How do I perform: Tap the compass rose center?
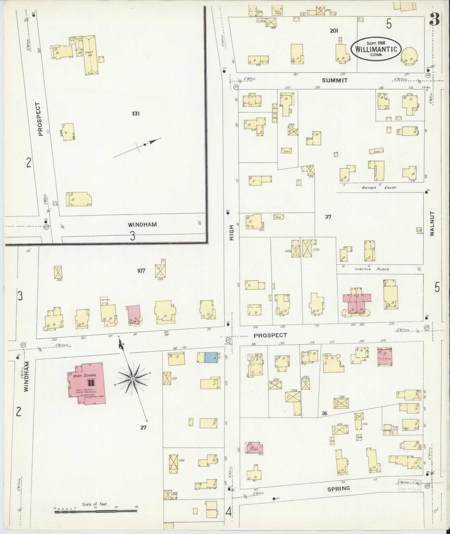133,379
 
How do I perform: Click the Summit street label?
335,80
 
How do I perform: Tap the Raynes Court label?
379,188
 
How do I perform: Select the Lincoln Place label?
372,269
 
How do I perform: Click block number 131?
136,114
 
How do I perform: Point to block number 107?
141,270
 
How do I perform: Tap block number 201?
334,31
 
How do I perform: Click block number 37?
328,217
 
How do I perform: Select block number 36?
324,413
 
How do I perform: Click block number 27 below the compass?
143,427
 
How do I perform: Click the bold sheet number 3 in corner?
434,20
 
